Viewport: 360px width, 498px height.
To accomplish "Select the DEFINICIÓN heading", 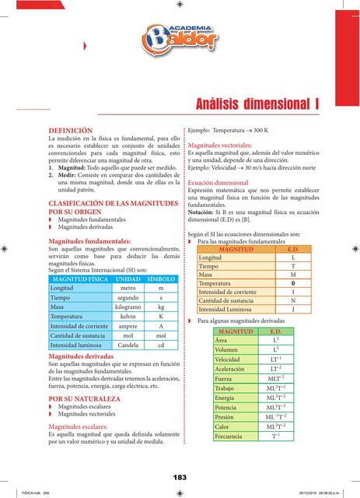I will point(71,130).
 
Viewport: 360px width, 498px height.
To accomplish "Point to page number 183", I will point(180,476).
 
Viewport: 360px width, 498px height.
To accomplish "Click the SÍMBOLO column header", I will point(161,279).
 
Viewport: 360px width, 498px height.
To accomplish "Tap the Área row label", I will point(221,341).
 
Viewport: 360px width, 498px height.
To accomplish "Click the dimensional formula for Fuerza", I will point(275,378).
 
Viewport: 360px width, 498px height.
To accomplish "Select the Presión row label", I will point(225,416).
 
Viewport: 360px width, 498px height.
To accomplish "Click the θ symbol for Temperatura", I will point(292,283).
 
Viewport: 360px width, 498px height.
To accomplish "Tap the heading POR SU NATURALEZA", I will point(84,398).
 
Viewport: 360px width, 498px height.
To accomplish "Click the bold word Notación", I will point(203,212).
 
